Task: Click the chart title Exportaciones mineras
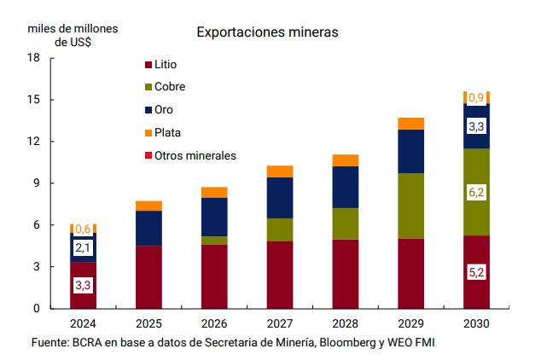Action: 268,32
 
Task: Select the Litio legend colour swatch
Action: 148,65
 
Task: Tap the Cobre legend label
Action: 169,87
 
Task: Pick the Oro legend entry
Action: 163,110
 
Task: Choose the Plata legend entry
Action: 167,132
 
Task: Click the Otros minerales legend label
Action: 195,155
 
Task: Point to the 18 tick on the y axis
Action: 34,58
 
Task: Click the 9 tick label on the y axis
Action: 37,183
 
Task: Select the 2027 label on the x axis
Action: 280,324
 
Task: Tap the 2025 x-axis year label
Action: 148,324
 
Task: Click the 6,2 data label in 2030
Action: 476,193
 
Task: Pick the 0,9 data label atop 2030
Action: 476,97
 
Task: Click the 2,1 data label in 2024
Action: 83,248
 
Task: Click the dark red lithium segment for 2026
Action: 214,276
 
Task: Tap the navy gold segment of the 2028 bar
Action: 346,187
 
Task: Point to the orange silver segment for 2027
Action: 280,171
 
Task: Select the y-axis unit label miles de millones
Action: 73,27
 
